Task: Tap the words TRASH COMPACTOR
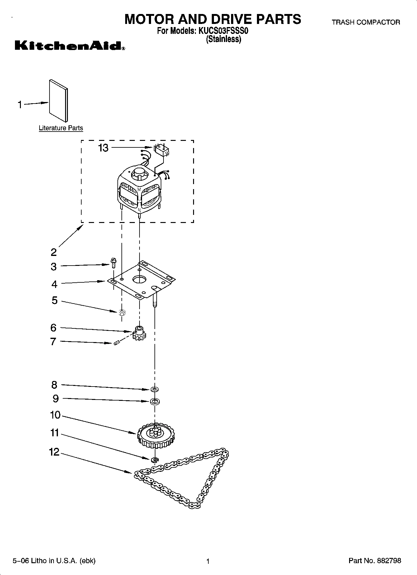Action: coord(366,22)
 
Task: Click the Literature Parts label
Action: coord(61,128)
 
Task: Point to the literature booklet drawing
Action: coord(58,101)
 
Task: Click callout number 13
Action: coord(103,148)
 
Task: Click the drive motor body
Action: coord(140,190)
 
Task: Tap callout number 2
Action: coord(54,252)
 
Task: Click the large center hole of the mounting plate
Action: coord(140,279)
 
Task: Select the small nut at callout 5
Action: coord(122,312)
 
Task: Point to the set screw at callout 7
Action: coord(117,343)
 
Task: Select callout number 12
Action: coord(54,452)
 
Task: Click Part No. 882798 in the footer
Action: coord(375,560)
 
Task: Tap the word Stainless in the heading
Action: coord(224,39)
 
